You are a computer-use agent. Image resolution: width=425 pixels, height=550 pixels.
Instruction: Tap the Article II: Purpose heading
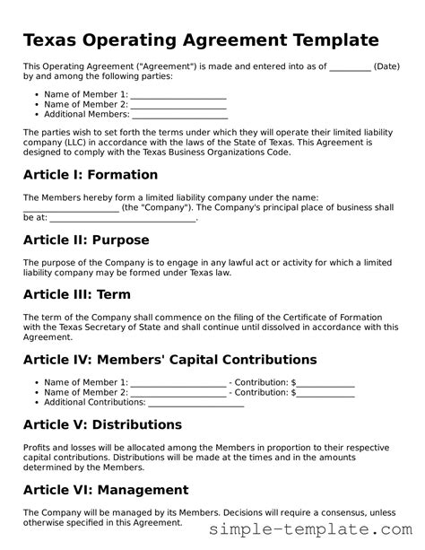tap(85, 240)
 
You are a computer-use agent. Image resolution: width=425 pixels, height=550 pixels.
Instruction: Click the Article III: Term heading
tap(76, 294)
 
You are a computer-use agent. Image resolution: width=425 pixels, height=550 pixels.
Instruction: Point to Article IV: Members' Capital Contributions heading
tap(169, 360)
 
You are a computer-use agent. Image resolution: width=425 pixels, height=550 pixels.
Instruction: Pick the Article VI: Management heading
tap(105, 490)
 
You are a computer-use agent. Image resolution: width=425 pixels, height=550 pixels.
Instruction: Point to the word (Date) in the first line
tap(386, 67)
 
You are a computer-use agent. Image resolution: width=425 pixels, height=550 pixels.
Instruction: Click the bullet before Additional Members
tap(35, 114)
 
